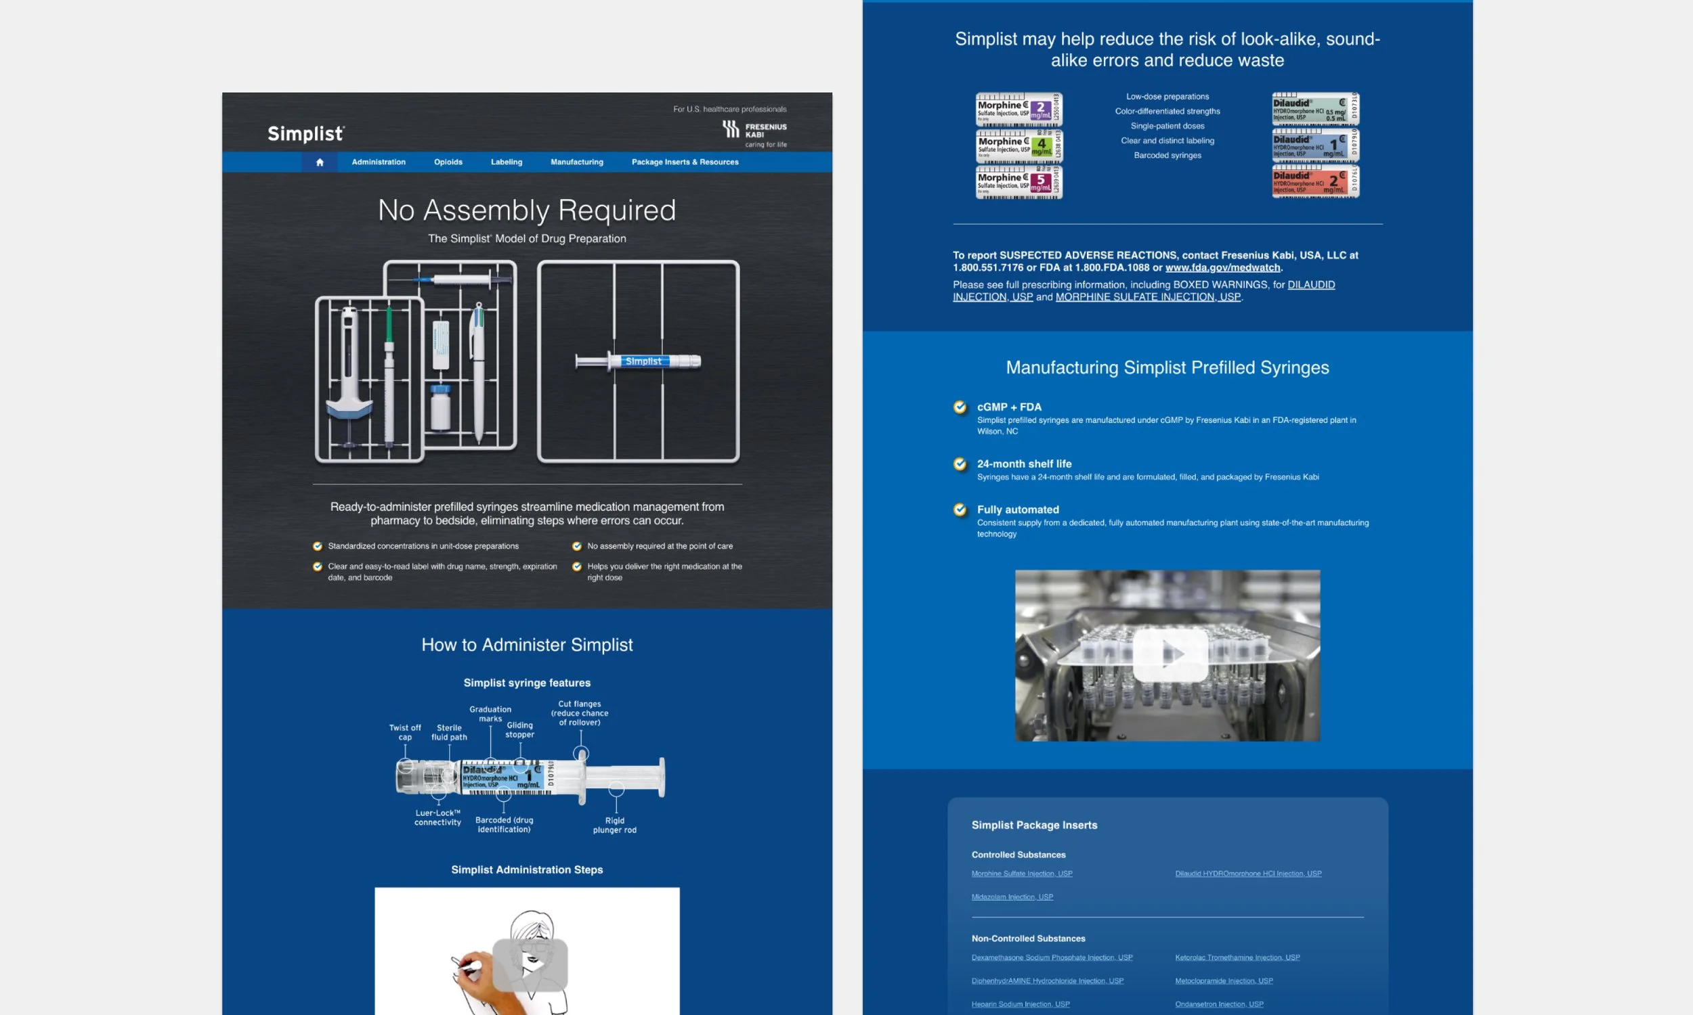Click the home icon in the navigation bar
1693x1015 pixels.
coord(320,162)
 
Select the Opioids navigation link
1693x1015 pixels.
coord(448,162)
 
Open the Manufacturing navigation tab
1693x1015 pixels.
coord(576,162)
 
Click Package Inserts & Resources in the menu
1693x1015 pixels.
coord(685,162)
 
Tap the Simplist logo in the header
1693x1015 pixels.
coord(306,133)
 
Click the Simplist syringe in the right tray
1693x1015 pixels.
coord(639,361)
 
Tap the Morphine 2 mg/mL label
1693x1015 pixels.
coord(1019,110)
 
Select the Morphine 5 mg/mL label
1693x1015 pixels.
coord(1019,182)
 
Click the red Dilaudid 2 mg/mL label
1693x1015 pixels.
coord(1314,182)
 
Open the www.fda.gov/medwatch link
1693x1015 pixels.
coord(1222,267)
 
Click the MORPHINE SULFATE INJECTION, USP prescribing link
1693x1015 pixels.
coord(1148,297)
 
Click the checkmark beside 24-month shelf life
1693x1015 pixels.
coord(960,464)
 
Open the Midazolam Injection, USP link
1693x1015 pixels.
coord(1012,897)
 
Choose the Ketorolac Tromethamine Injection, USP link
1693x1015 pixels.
coord(1237,957)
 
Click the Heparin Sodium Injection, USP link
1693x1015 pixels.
coord(1020,1004)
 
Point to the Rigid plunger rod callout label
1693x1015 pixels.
coord(614,825)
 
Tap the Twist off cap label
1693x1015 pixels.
coord(404,733)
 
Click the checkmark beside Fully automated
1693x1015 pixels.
coord(960,510)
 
